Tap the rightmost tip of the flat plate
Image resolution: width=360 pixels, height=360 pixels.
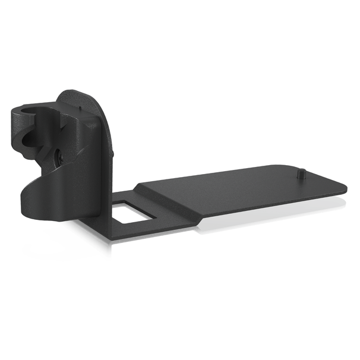(x=345, y=186)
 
